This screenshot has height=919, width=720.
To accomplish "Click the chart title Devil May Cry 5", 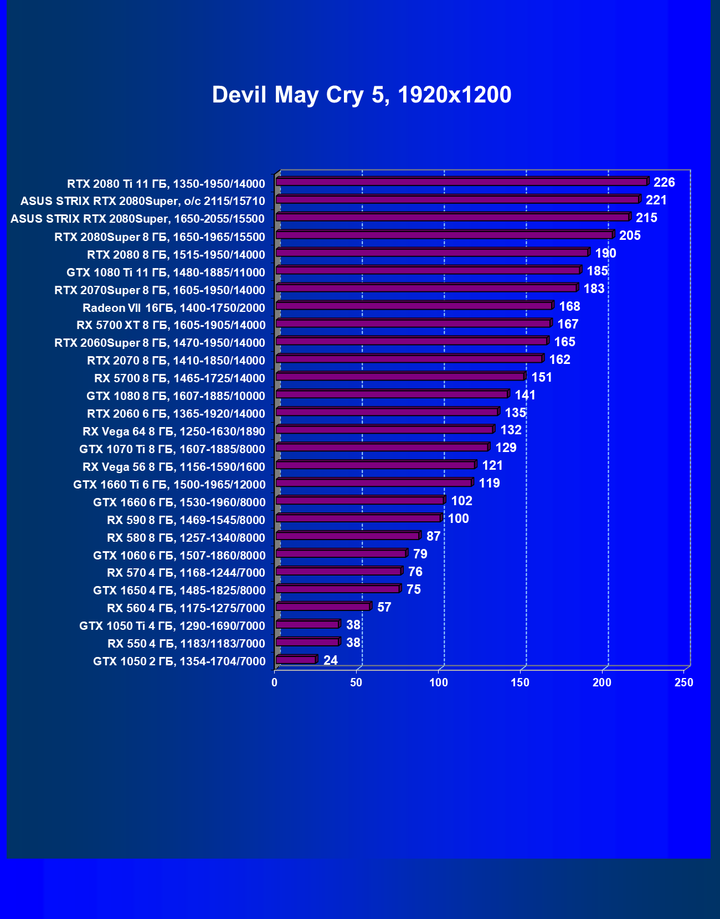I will (362, 95).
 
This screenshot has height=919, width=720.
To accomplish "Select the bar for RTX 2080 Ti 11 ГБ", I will (461, 182).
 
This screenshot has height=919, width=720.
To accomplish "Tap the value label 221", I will (656, 200).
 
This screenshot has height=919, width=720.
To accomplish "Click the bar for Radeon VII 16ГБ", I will (414, 306).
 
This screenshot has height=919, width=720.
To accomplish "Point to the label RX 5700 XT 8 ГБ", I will (171, 325).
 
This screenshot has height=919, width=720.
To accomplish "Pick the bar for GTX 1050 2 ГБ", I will (296, 660).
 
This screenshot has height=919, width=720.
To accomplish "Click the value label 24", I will (330, 660).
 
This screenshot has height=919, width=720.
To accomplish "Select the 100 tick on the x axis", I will (439, 683).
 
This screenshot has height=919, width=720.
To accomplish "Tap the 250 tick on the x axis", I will (683, 683).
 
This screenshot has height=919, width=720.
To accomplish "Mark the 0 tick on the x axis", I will (275, 683).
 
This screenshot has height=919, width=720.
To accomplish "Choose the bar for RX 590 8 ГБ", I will (358, 518).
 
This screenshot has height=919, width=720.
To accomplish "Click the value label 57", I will (384, 607).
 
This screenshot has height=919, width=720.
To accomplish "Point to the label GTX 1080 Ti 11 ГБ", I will (166, 273).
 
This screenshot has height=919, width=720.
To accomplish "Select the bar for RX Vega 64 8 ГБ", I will (384, 430).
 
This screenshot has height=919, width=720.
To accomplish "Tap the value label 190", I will (605, 253).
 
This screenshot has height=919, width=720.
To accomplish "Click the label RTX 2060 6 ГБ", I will (176, 414).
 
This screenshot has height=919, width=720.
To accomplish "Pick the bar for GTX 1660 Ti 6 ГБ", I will (374, 483).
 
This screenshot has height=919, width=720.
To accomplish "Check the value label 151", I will (542, 377).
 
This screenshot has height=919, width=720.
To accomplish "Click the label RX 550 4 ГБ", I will (186, 644).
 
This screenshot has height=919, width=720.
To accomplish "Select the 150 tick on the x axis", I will (520, 683).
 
